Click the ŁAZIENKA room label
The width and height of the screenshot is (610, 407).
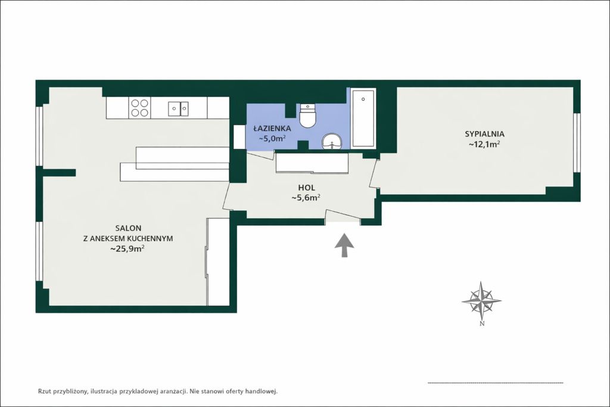click(x=272, y=128)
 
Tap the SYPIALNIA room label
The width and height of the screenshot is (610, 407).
click(x=484, y=134)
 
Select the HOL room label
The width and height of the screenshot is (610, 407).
click(x=307, y=188)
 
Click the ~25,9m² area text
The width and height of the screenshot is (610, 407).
click(x=127, y=248)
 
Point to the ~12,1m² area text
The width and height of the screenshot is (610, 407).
click(x=484, y=144)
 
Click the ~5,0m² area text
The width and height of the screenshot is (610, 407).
click(x=272, y=138)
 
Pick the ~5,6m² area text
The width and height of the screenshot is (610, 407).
click(x=306, y=198)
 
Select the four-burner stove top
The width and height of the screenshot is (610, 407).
click(x=139, y=108)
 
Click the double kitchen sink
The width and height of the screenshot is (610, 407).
click(x=179, y=108)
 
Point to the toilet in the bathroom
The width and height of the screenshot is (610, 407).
click(x=309, y=115)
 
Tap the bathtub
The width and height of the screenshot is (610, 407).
click(x=363, y=119)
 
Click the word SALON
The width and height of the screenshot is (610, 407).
click(x=128, y=228)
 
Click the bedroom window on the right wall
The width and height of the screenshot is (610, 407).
click(x=577, y=142)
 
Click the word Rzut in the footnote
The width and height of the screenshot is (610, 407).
click(x=44, y=392)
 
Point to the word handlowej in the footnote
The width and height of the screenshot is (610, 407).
click(x=263, y=392)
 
